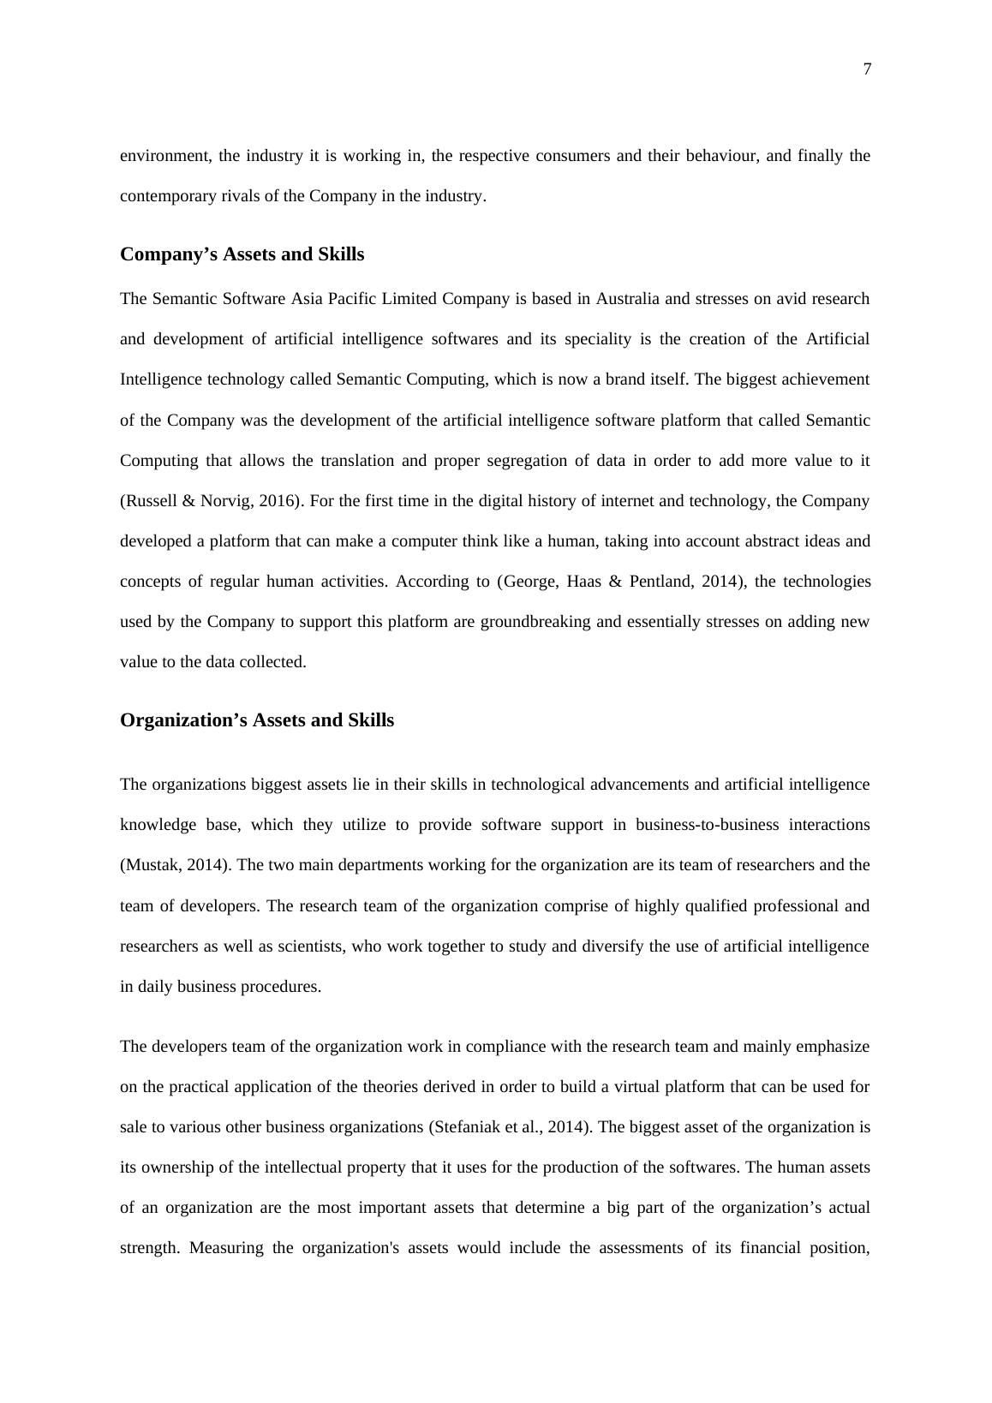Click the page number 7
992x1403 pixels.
pos(867,69)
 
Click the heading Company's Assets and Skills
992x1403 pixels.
pos(242,254)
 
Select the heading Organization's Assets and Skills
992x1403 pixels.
pos(257,720)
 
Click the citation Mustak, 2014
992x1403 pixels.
pos(173,865)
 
